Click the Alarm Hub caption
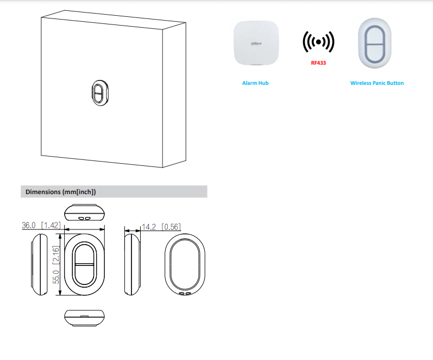(255, 83)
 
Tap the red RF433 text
(318, 63)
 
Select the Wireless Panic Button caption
(377, 83)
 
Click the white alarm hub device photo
(256, 43)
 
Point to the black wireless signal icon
(318, 42)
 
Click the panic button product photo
(375, 43)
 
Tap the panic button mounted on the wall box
(100, 92)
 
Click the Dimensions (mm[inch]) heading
(60, 192)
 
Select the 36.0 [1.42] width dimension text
(41, 225)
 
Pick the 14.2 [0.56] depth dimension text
(161, 227)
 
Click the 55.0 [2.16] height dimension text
(56, 265)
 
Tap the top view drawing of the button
(85, 212)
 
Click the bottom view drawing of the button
(85, 318)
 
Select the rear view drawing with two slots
(185, 265)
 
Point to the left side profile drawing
(39, 265)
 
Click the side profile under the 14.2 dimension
(133, 265)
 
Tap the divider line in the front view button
(85, 265)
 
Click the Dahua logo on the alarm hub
(256, 44)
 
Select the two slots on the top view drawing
(85, 218)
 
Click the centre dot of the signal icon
(318, 42)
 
